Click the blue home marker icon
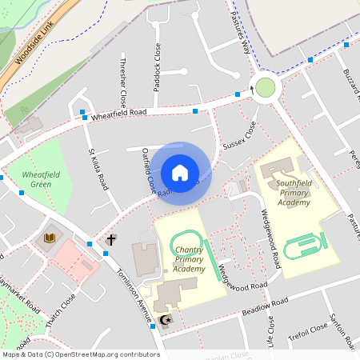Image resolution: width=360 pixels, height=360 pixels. [x=180, y=173]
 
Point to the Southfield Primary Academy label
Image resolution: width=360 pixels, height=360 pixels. [x=293, y=193]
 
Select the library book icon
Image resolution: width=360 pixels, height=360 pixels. [x=50, y=238]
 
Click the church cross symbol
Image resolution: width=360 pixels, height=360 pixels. [x=111, y=239]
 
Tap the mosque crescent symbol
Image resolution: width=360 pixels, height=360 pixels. [x=166, y=322]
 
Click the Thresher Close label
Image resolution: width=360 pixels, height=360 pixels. [x=122, y=82]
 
